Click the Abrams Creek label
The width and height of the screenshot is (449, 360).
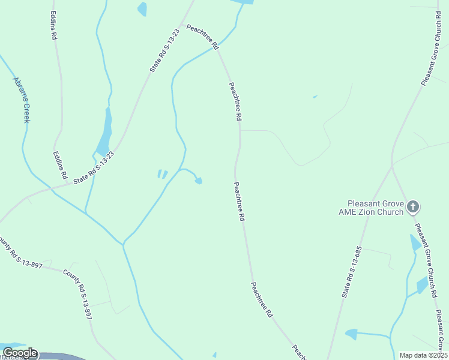click(x=22, y=100)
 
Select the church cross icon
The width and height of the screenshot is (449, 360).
click(x=412, y=208)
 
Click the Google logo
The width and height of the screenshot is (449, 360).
click(x=20, y=353)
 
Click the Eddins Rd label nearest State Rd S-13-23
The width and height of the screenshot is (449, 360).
click(x=59, y=165)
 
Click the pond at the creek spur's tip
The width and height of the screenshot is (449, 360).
click(x=199, y=181)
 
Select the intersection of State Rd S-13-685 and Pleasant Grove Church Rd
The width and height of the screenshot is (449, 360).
click(x=392, y=166)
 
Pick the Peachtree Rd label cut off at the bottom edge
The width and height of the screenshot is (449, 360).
click(x=298, y=353)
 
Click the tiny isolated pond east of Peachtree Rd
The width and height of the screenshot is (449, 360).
click(x=315, y=96)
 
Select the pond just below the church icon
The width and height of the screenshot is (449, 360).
click(x=415, y=244)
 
